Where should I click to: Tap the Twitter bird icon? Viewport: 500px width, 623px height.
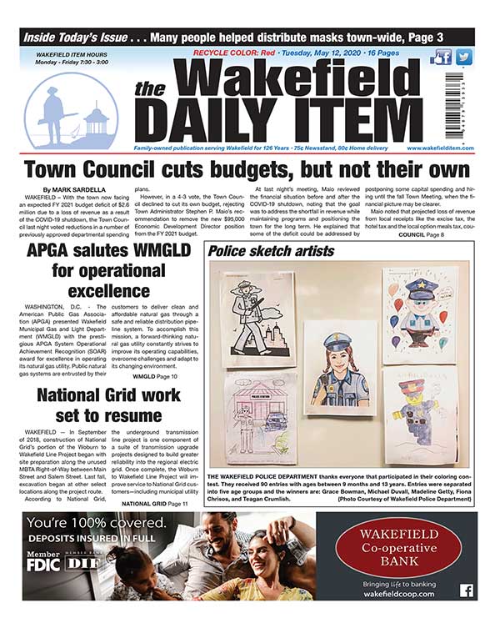(463, 58)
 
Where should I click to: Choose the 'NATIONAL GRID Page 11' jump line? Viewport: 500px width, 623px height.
(152, 481)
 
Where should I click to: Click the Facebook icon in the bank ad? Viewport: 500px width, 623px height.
(466, 590)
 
